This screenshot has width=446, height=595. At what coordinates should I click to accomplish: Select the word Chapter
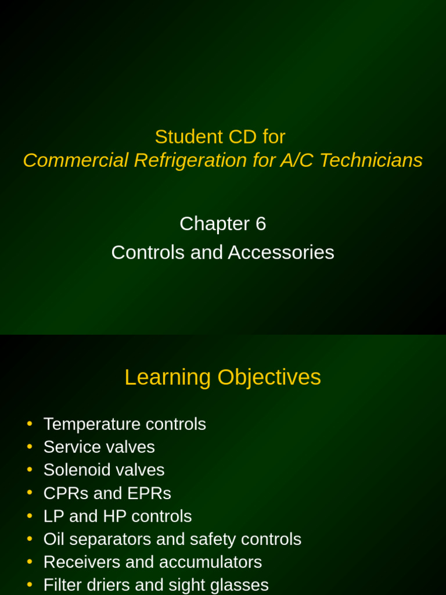point(214,224)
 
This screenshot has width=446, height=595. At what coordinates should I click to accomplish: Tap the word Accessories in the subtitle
point(281,252)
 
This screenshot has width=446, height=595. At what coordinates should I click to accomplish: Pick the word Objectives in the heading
point(269,378)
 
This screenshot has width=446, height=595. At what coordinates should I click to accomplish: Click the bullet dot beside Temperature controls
point(30,424)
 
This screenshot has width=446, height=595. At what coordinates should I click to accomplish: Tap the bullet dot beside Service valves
point(30,446)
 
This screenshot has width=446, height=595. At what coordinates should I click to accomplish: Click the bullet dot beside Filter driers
point(30,585)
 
